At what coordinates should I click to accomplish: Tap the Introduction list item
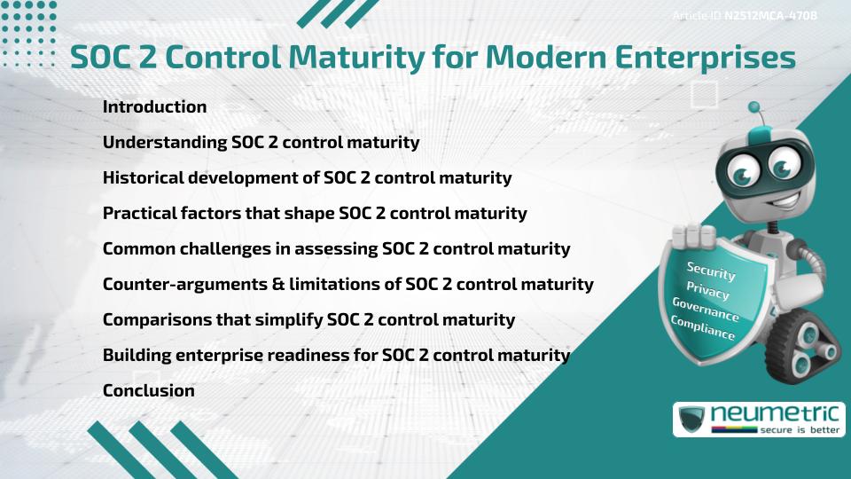(x=154, y=106)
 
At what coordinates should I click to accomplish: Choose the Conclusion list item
(x=148, y=390)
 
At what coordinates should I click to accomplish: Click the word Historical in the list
(x=141, y=177)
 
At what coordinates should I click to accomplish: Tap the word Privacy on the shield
(x=707, y=290)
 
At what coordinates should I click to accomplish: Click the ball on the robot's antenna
(x=754, y=107)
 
